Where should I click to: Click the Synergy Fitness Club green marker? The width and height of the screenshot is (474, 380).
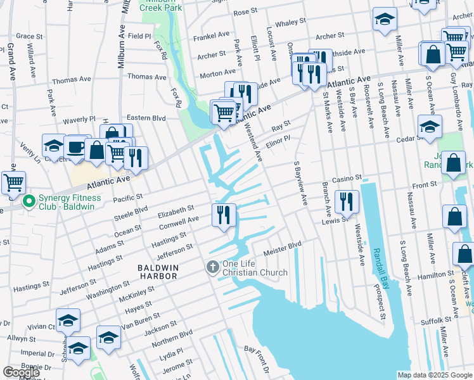pos(28,202)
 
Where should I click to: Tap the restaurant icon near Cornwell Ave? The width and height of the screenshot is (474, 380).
pos(224,215)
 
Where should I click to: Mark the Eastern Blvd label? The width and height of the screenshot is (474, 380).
pos(146,118)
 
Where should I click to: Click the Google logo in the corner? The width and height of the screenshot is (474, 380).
pos(22,372)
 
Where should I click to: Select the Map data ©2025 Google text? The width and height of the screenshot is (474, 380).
pos(435,375)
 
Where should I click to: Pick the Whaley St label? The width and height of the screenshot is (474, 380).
pos(291,22)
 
